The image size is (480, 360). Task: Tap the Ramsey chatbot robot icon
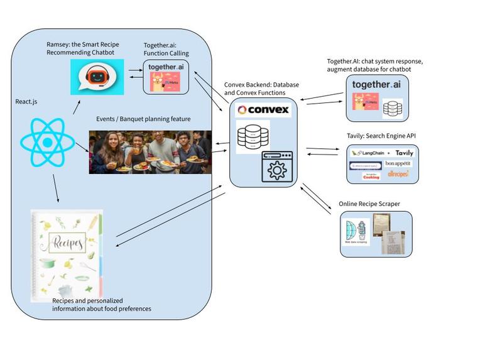pos(97,78)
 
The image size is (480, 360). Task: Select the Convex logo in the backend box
pos(263,110)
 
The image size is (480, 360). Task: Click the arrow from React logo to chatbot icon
pos(77,106)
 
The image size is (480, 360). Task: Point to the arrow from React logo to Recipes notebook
pos(57,188)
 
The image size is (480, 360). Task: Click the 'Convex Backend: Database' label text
pos(261,84)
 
